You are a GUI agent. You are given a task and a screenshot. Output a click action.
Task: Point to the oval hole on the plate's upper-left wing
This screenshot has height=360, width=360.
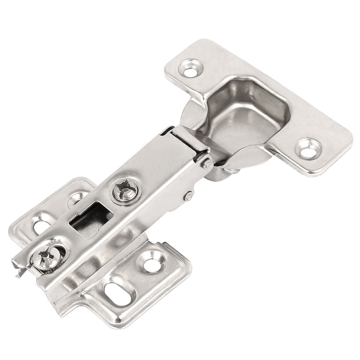pyautogui.click(x=39, y=225)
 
